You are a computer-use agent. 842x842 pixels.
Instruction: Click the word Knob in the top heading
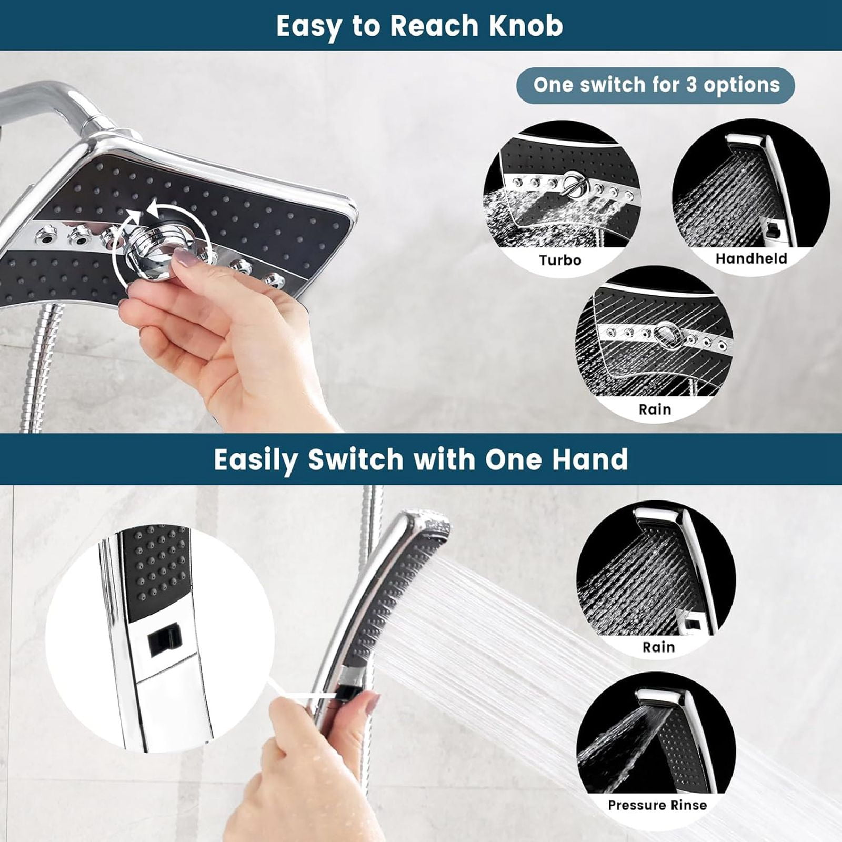tap(526, 25)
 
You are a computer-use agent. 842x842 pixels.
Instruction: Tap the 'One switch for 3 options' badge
tap(656, 85)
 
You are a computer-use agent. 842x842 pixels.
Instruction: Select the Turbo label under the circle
tap(560, 260)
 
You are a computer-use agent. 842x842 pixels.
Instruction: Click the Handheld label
tap(751, 258)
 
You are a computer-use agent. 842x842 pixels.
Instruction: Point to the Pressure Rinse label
tap(657, 805)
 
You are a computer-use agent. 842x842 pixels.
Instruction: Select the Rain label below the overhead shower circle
tap(655, 409)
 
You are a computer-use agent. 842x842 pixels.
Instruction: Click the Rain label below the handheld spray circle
tap(658, 647)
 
